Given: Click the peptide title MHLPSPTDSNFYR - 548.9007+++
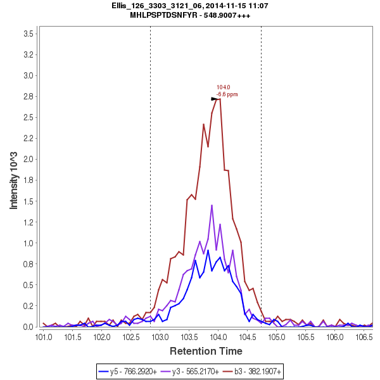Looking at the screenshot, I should pos(191,15).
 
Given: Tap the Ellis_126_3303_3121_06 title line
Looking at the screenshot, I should pos(191,6).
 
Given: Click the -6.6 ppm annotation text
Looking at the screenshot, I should pos(227,94).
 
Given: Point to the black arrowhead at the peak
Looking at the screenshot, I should pos(215,99).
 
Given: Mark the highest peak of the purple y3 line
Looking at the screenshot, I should pos(212,205).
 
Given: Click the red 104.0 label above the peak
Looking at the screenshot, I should pos(223,87).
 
